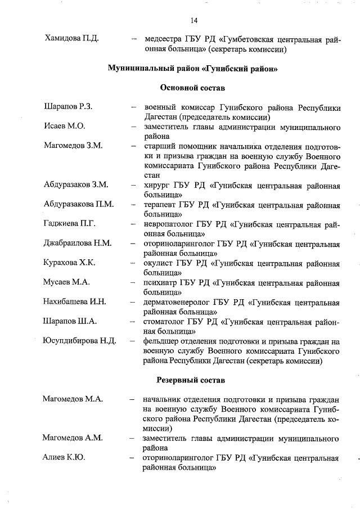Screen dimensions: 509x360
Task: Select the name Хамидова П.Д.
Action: [x=71, y=39]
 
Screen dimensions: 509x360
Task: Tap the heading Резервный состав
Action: [x=193, y=380]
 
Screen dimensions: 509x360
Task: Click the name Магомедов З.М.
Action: [x=73, y=145]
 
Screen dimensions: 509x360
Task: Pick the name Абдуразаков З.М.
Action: [x=75, y=184]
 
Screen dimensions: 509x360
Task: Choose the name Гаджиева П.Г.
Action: [x=69, y=223]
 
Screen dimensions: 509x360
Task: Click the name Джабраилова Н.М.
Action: [x=78, y=243]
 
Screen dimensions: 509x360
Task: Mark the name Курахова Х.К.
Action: [x=70, y=262]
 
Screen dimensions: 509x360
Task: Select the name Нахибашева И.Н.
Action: [x=75, y=301]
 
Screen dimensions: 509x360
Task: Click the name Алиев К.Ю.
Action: [x=64, y=457]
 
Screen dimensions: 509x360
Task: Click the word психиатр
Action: [x=162, y=282]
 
